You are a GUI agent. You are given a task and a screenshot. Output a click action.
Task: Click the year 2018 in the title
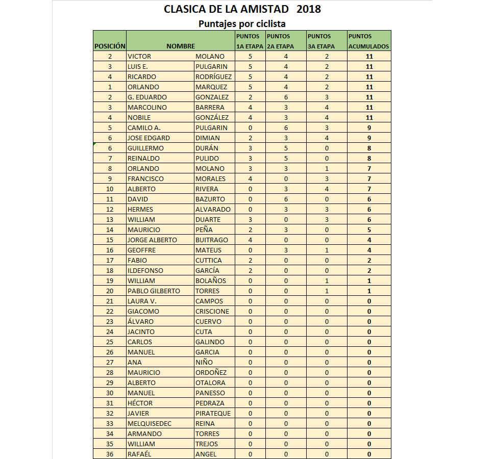(x=308, y=9)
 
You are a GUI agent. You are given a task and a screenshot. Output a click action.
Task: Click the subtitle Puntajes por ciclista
(x=242, y=23)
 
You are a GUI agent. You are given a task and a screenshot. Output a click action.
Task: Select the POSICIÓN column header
(x=110, y=46)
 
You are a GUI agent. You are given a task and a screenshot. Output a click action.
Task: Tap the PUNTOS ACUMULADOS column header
(x=369, y=41)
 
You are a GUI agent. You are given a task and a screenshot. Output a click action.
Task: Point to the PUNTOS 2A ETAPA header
(x=285, y=41)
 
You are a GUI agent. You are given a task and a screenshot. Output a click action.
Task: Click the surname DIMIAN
(x=207, y=138)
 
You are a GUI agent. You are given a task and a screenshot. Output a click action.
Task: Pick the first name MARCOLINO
(x=147, y=107)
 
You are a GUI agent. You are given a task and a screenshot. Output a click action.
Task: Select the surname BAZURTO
(x=210, y=199)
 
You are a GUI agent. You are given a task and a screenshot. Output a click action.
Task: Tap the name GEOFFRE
(x=142, y=250)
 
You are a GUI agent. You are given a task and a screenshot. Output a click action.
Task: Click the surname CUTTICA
(x=209, y=260)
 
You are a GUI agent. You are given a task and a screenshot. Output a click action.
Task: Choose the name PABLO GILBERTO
(x=154, y=291)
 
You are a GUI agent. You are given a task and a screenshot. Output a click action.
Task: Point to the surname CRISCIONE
(x=212, y=311)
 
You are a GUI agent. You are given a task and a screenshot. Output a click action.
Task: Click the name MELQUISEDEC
(x=150, y=423)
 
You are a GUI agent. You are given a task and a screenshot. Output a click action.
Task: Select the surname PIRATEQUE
(x=213, y=413)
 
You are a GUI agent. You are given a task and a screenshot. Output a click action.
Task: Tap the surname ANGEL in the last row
(x=206, y=454)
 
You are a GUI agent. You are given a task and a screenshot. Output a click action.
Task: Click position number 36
(x=110, y=454)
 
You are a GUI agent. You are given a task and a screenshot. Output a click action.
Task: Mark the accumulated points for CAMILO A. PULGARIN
(x=369, y=127)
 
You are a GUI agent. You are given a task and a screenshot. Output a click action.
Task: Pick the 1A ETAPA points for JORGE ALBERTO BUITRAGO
(x=250, y=240)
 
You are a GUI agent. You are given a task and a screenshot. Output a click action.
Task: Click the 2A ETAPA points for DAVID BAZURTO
(x=286, y=199)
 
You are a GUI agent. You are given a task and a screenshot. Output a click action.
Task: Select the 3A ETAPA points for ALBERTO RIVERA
(x=327, y=189)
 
